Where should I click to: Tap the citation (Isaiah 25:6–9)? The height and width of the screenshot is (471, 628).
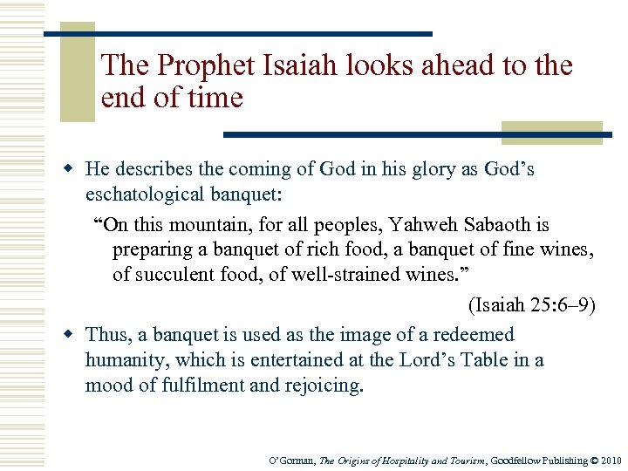pos(532,305)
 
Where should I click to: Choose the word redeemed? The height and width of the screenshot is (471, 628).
pos(479,335)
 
